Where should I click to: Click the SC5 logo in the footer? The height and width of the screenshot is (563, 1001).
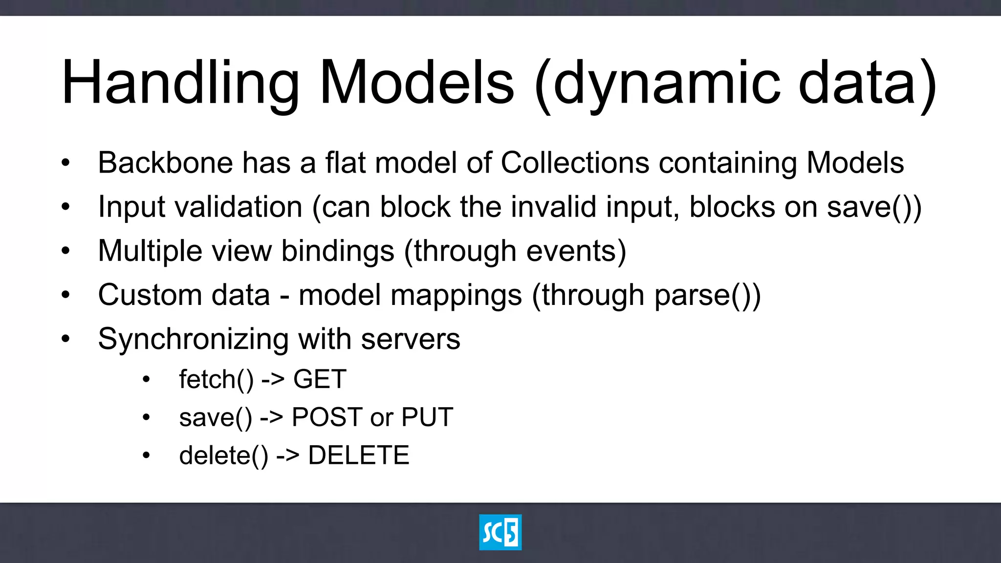pyautogui.click(x=500, y=532)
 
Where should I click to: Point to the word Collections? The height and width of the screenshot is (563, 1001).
pyautogui.click(x=575, y=163)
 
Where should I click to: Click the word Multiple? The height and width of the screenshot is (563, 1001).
pyautogui.click(x=150, y=251)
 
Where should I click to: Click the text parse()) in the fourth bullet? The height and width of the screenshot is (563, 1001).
pyautogui.click(x=707, y=295)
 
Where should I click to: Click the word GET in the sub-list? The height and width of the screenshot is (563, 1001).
pyautogui.click(x=320, y=379)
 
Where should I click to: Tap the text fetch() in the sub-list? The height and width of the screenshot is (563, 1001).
pyautogui.click(x=216, y=379)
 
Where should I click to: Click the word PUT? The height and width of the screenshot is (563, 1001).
pyautogui.click(x=427, y=417)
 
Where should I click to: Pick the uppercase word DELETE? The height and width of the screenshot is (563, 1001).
pyautogui.click(x=359, y=455)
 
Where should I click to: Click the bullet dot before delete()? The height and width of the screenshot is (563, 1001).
pyautogui.click(x=146, y=455)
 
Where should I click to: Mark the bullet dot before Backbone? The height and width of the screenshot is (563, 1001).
pyautogui.click(x=65, y=163)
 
